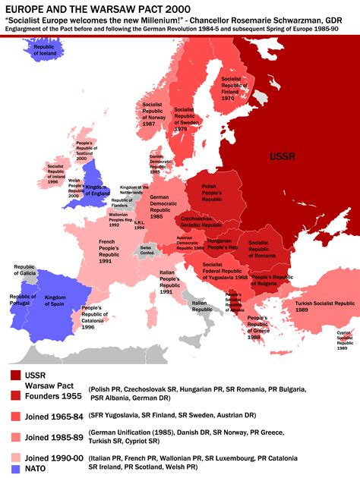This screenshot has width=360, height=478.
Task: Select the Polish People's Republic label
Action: pos(212,193)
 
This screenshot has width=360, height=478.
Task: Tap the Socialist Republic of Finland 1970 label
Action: pos(232,88)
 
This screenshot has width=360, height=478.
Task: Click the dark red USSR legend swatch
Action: pos(16,375)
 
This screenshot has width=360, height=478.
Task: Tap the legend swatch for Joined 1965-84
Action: pos(16,416)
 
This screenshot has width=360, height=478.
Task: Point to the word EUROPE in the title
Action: pos(24,7)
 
